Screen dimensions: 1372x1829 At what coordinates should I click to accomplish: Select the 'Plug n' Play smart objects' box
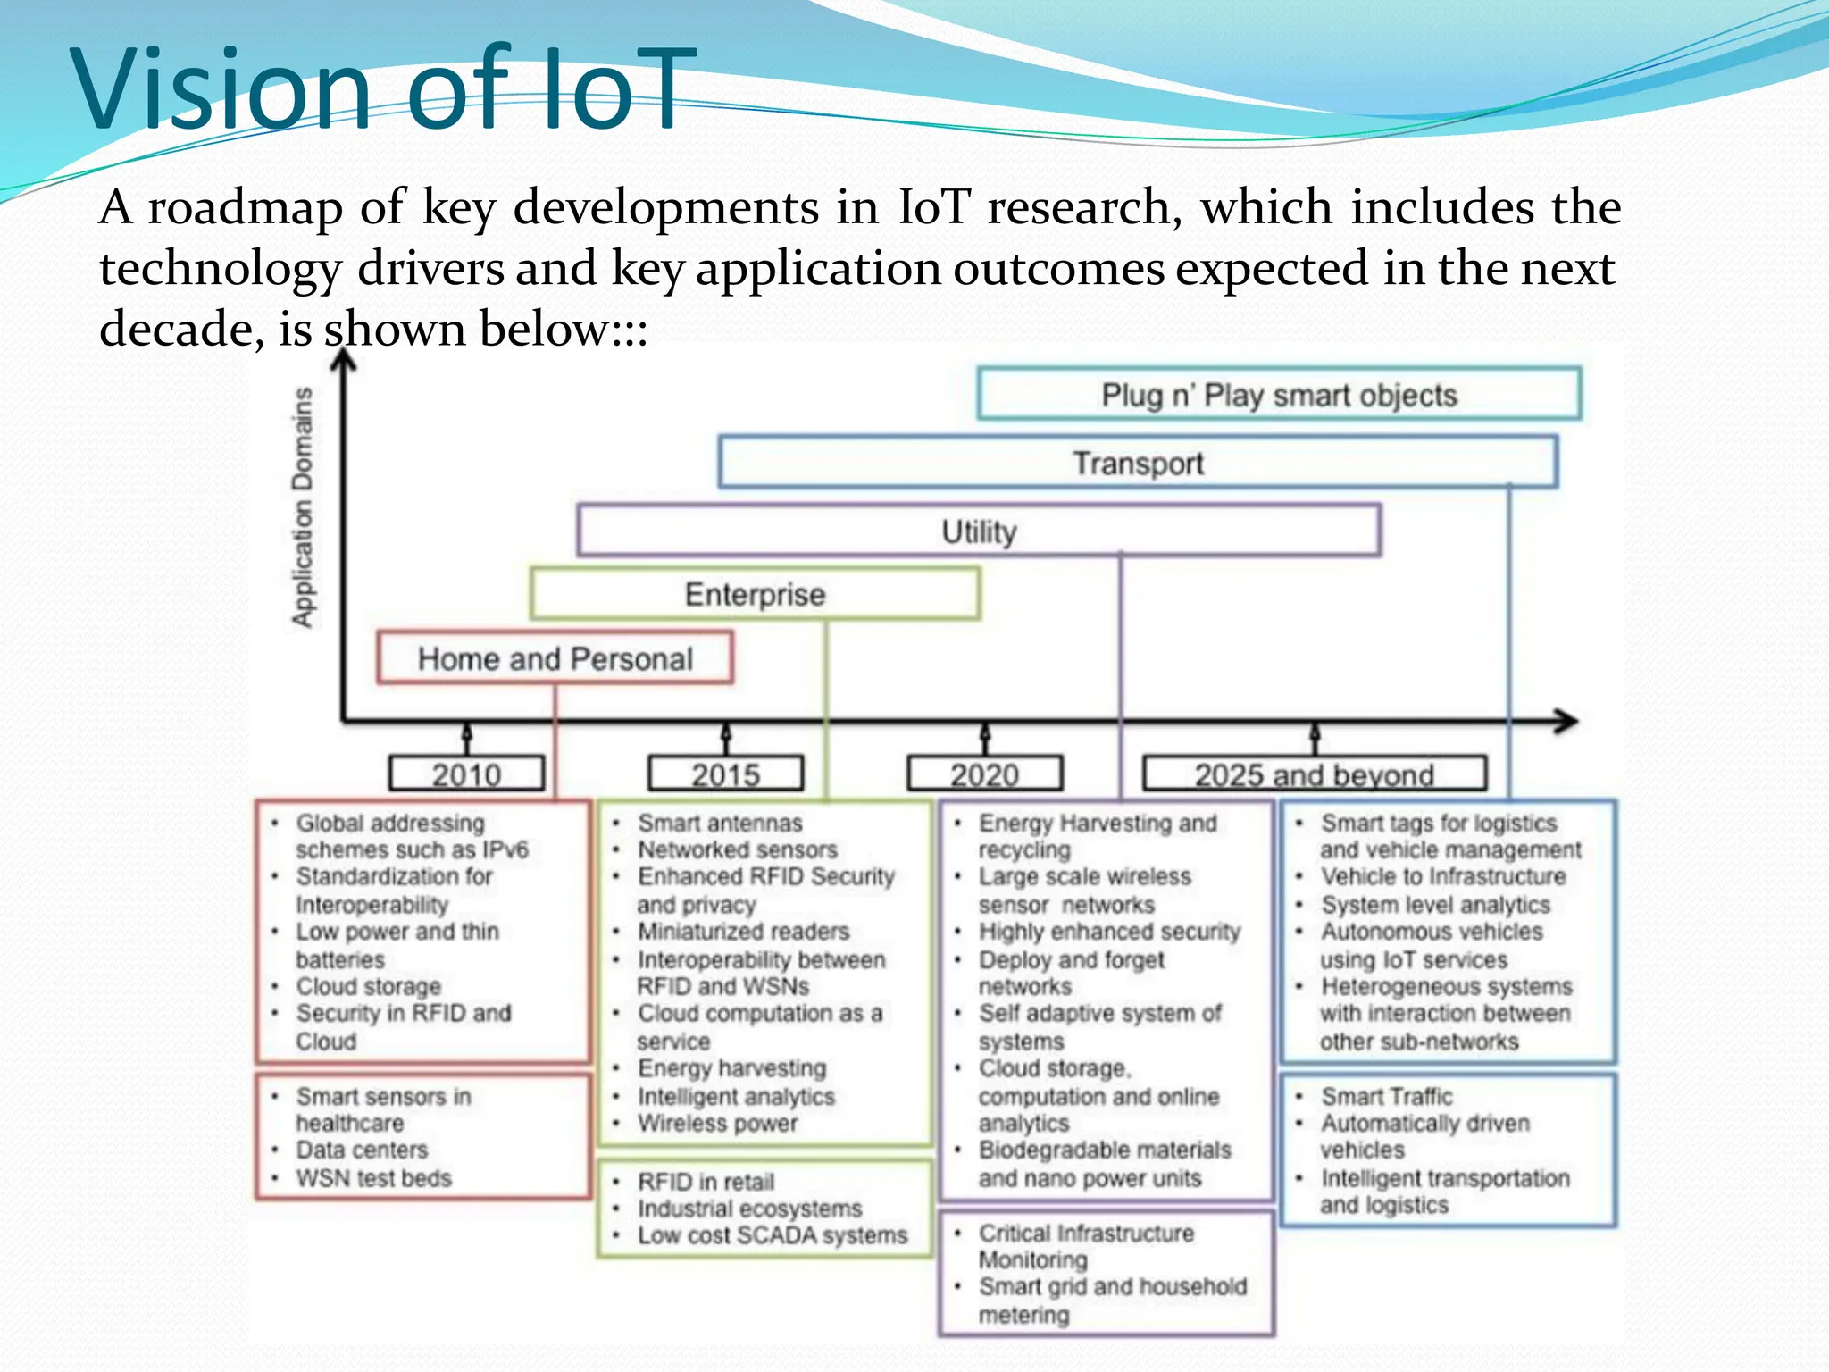click(x=1279, y=394)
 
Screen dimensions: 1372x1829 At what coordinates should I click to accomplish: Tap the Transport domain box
click(x=1138, y=463)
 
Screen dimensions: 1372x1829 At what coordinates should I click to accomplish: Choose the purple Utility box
click(x=979, y=531)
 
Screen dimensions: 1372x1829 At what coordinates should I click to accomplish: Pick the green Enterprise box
click(x=755, y=594)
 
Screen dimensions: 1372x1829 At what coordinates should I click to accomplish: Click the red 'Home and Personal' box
click(x=555, y=658)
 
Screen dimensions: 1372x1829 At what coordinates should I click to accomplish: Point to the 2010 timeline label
click(x=466, y=774)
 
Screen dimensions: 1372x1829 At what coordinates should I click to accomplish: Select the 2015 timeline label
click(x=725, y=774)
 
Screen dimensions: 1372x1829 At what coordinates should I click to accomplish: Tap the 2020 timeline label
click(x=984, y=774)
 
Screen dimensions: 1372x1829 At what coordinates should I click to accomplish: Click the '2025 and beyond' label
click(x=1314, y=774)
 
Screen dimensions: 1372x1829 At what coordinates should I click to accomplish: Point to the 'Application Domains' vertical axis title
click(x=304, y=507)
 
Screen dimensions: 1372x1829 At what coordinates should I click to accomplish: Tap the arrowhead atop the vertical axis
click(x=344, y=360)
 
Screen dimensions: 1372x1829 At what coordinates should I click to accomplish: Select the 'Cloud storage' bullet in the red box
click(x=369, y=986)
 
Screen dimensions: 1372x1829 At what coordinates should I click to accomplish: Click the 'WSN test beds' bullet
click(x=374, y=1178)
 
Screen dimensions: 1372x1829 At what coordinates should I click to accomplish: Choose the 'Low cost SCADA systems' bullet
click(x=773, y=1235)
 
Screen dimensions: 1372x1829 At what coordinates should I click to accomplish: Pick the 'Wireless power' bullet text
click(x=717, y=1123)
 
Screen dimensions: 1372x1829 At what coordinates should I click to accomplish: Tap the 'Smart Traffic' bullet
click(x=1387, y=1096)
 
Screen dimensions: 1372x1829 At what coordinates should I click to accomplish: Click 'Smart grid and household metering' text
click(x=1112, y=1300)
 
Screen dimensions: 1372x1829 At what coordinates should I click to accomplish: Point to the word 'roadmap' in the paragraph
click(x=245, y=207)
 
